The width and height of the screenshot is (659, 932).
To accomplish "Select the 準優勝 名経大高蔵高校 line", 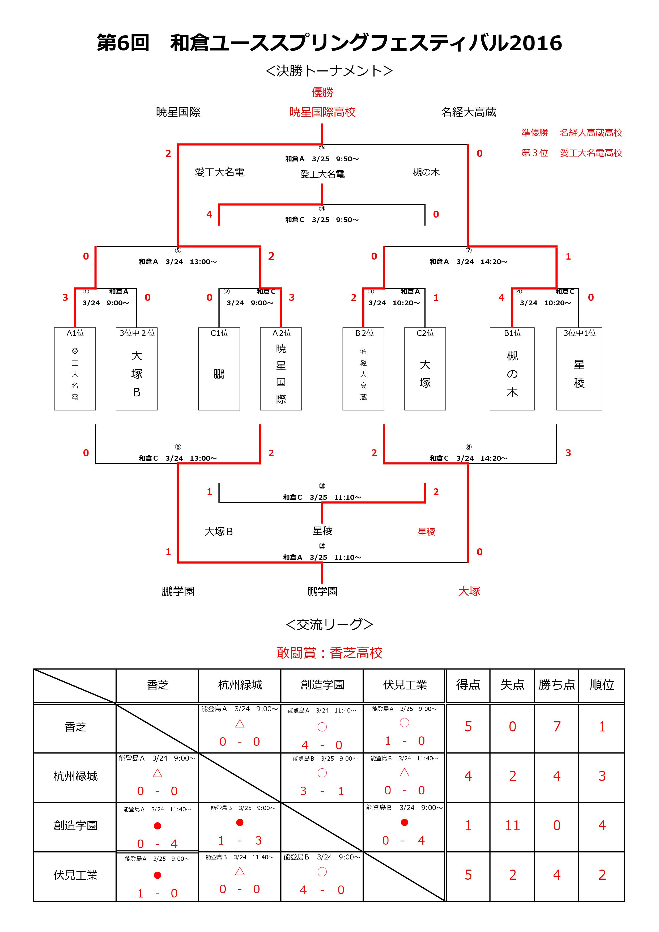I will tap(571, 133).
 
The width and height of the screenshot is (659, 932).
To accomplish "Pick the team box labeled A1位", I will tap(75, 368).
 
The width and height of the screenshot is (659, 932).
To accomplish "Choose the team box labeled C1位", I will tap(219, 368).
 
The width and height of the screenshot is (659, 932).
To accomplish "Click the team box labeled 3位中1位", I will tap(579, 368).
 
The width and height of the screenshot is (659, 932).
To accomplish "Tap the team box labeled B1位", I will tap(512, 368).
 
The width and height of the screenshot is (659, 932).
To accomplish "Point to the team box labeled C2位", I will tap(425, 368).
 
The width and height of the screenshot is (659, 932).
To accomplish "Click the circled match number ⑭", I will tap(322, 209).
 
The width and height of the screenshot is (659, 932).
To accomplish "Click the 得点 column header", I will tap(468, 685).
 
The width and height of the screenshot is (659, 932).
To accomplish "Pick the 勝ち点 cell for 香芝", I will tap(557, 727).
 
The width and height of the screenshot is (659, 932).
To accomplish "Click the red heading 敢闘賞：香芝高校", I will tap(329, 653).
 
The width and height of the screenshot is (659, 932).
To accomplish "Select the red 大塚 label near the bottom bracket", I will tap(469, 591).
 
